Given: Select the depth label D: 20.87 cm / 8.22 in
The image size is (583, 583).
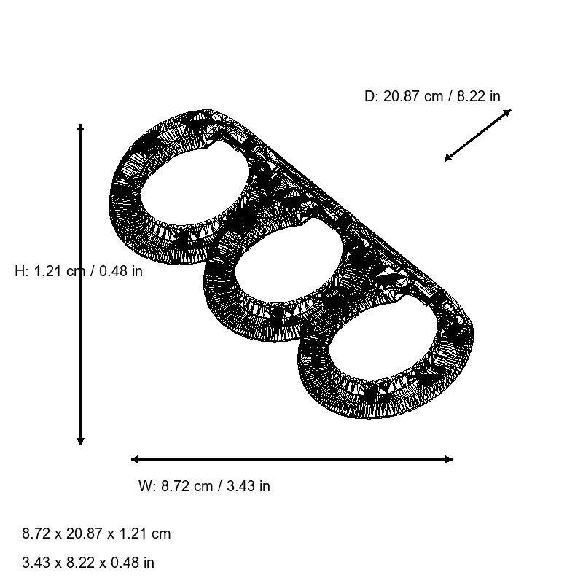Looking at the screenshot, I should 432,96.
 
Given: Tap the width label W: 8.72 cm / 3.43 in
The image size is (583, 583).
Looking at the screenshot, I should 204,486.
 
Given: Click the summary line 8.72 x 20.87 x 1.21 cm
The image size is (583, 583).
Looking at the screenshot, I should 96,533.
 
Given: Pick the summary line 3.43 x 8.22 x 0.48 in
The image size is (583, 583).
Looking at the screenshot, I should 88,563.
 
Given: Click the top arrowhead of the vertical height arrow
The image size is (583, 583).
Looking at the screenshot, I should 80,128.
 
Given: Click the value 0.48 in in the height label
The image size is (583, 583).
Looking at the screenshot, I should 121,272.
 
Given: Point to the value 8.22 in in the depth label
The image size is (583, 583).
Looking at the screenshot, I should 479,96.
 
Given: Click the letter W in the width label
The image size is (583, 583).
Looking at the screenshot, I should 144,486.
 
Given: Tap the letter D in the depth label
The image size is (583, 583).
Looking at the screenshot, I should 369,96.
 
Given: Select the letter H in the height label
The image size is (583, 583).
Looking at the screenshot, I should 20,272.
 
